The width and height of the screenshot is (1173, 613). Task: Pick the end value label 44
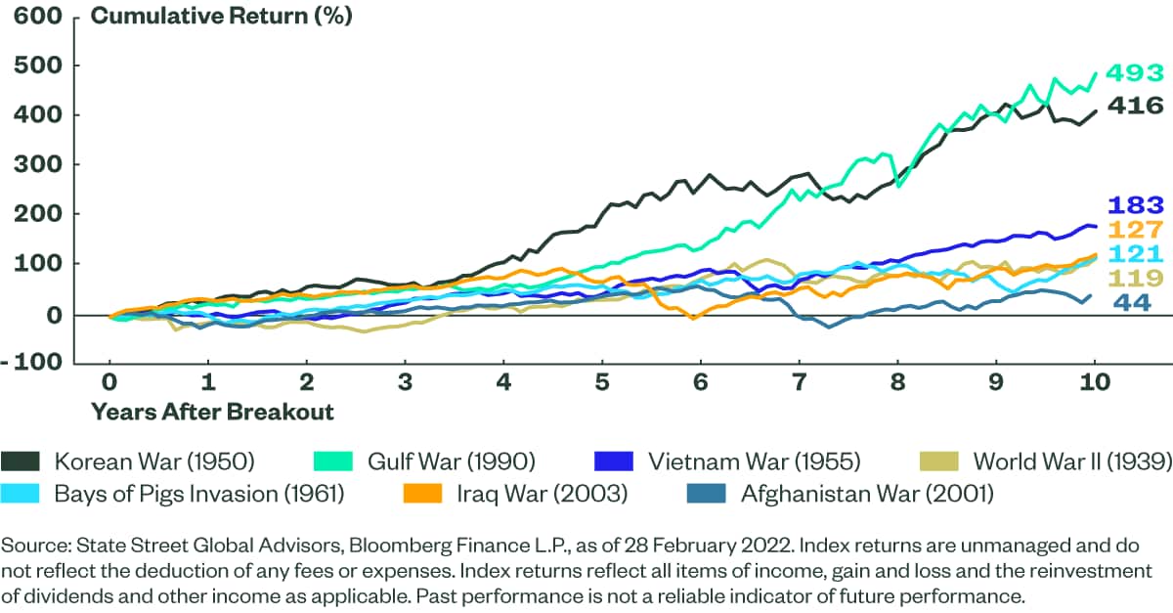[x=1132, y=303]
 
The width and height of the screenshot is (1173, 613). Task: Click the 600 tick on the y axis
[x=34, y=17]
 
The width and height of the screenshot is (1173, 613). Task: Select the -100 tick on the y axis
[x=36, y=365]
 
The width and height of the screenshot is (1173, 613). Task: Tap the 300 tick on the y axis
[x=34, y=166]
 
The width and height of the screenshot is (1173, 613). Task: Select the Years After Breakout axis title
[x=212, y=412]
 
